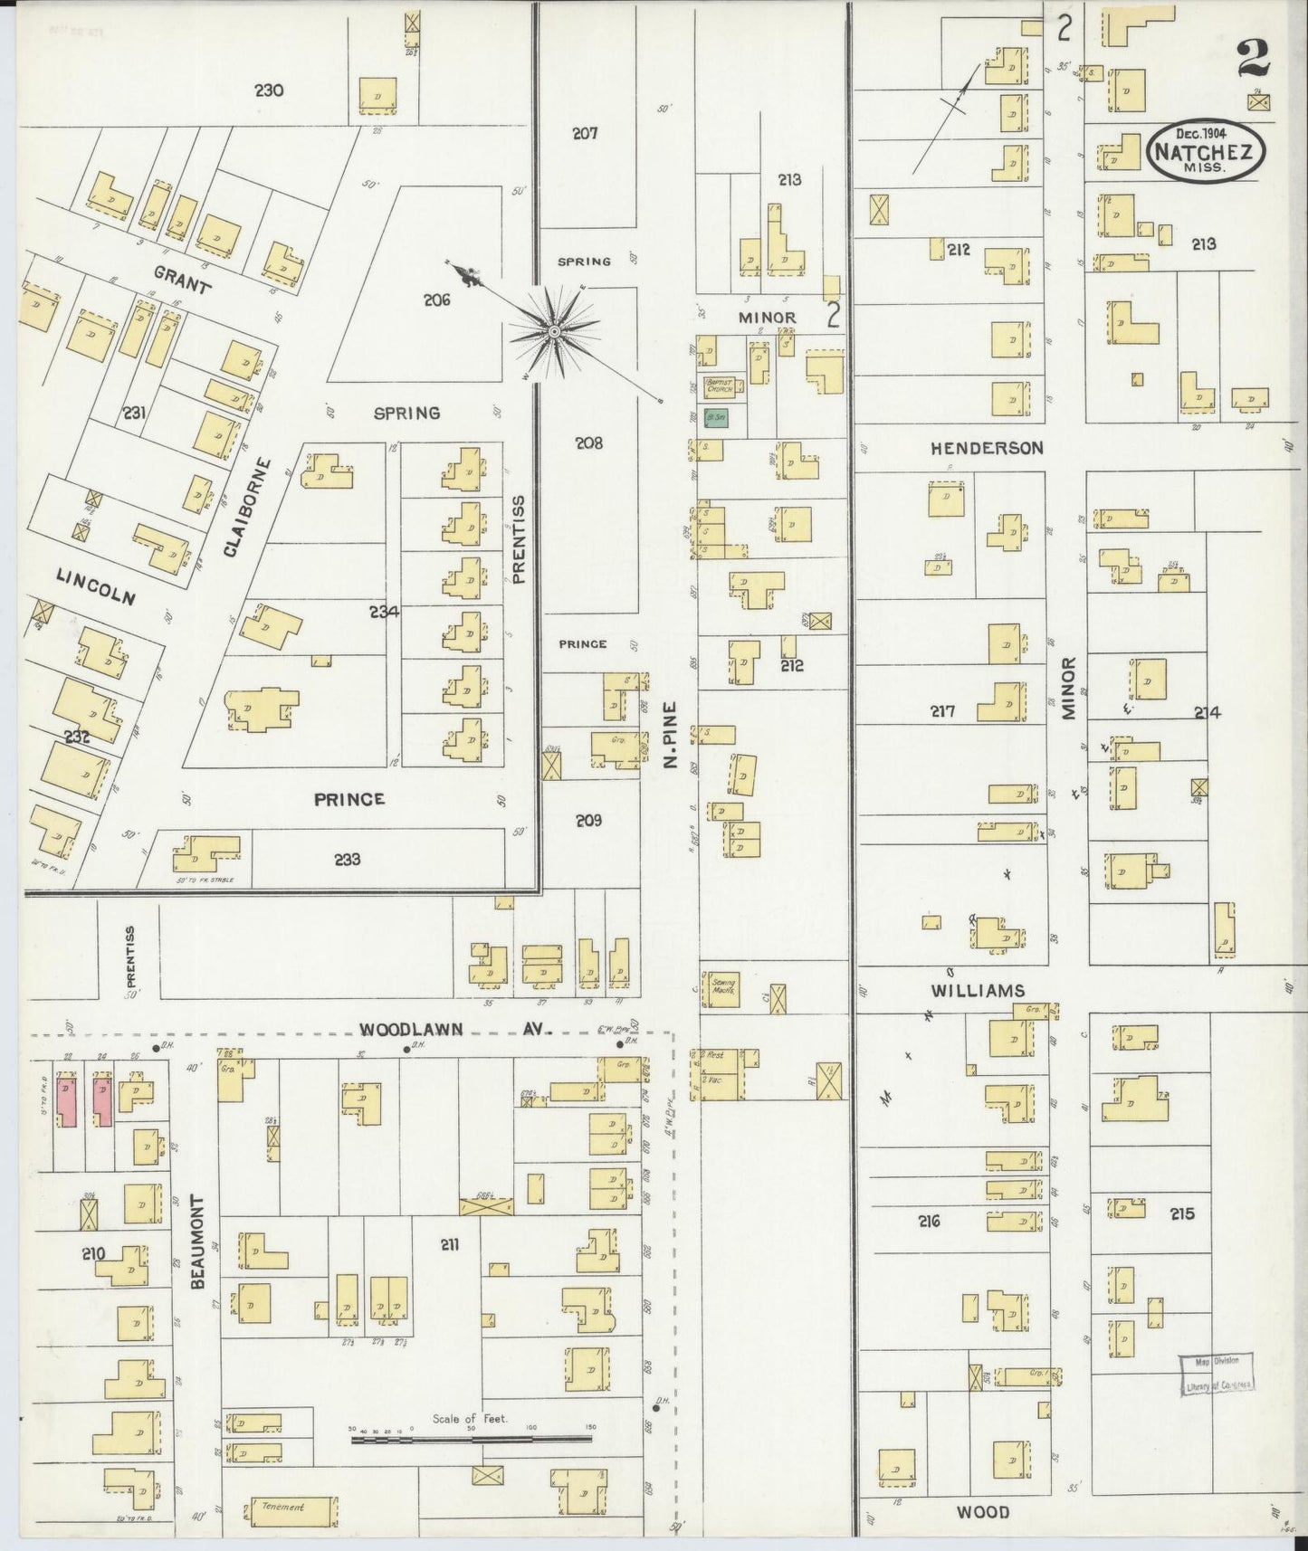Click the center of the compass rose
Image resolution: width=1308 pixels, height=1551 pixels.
(x=553, y=334)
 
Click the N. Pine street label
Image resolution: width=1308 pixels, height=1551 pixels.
(x=670, y=734)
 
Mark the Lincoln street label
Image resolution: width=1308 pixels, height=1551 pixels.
(x=96, y=586)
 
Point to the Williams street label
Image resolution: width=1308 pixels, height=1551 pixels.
(x=978, y=991)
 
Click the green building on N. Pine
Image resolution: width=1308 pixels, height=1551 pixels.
(x=717, y=418)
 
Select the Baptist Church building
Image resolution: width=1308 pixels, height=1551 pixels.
(x=723, y=385)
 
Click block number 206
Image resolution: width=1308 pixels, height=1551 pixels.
(x=436, y=300)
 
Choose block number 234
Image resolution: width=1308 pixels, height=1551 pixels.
(x=384, y=613)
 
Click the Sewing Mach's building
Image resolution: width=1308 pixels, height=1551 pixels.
(x=723, y=986)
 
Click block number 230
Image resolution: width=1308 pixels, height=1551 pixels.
(x=269, y=90)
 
